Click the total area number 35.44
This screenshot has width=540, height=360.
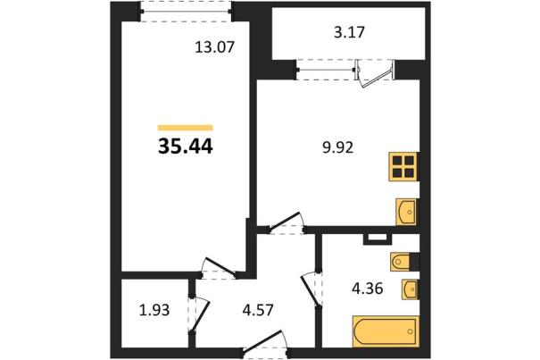point(186,147)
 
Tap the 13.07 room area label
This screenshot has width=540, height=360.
point(214,46)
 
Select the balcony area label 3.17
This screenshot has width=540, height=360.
point(349,32)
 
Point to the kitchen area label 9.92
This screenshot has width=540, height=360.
point(338,148)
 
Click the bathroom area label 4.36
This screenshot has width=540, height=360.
point(367,289)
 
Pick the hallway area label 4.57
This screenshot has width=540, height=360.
point(258,310)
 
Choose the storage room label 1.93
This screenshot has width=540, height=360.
point(154,310)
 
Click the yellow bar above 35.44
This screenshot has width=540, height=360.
point(186,128)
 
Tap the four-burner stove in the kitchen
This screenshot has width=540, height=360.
point(403,166)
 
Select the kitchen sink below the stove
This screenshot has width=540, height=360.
point(407,212)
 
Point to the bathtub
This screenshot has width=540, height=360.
point(386,331)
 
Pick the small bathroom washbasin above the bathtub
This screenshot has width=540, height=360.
point(410,289)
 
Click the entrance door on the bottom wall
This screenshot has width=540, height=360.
point(265,342)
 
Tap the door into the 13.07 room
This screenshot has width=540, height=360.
point(219,268)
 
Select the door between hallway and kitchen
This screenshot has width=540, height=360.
point(287,222)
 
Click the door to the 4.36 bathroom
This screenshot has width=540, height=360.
point(311,289)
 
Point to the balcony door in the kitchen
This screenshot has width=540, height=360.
point(375,74)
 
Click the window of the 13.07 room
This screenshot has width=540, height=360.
point(186,12)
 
